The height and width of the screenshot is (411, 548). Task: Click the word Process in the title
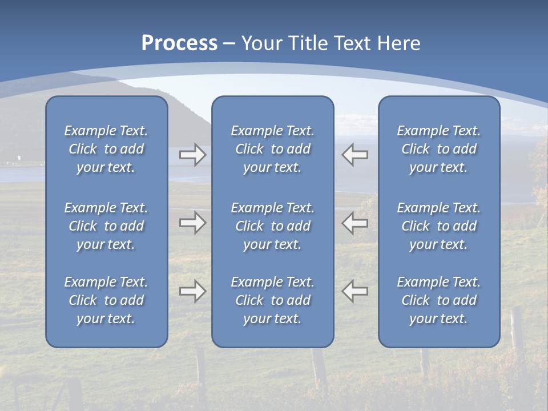(179, 43)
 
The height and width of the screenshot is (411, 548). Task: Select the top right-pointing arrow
(192, 155)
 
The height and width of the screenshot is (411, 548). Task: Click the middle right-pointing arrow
(192, 223)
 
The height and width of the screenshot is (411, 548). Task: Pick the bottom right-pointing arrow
(192, 291)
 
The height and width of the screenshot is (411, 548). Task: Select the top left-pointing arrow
(355, 155)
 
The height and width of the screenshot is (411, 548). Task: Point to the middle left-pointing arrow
(355, 223)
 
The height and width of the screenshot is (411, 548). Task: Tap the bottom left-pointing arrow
(355, 291)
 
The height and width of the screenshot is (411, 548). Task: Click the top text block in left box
(106, 149)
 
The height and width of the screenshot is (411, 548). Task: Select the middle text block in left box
(106, 226)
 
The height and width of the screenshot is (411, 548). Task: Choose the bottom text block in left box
(106, 300)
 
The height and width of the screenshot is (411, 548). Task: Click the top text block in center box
(273, 149)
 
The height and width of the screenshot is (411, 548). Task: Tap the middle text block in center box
(273, 226)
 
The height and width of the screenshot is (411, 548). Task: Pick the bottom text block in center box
(273, 300)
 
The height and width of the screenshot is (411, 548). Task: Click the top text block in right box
(439, 149)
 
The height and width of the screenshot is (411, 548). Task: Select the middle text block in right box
(439, 226)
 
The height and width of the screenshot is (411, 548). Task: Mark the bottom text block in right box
(439, 300)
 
